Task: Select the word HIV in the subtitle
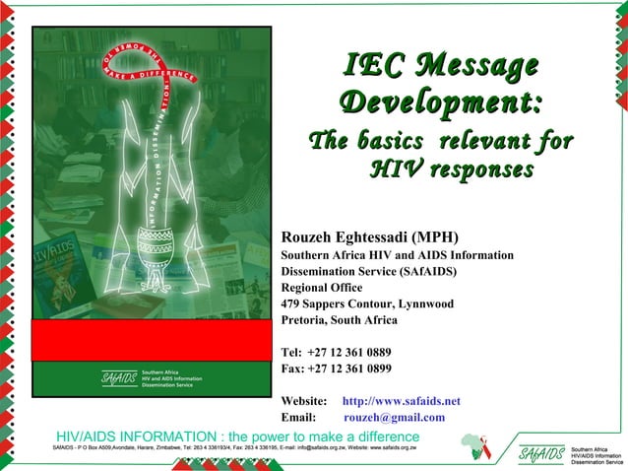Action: coord(400,170)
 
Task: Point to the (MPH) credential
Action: coord(434,237)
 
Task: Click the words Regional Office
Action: coord(322,288)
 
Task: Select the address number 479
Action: coord(292,303)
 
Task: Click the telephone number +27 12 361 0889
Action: coord(349,352)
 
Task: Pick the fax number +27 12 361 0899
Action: coord(349,369)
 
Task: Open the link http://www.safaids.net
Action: coord(401,401)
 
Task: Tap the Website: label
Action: coord(304,401)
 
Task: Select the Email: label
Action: coord(298,417)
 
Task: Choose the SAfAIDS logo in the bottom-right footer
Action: coord(542,454)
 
